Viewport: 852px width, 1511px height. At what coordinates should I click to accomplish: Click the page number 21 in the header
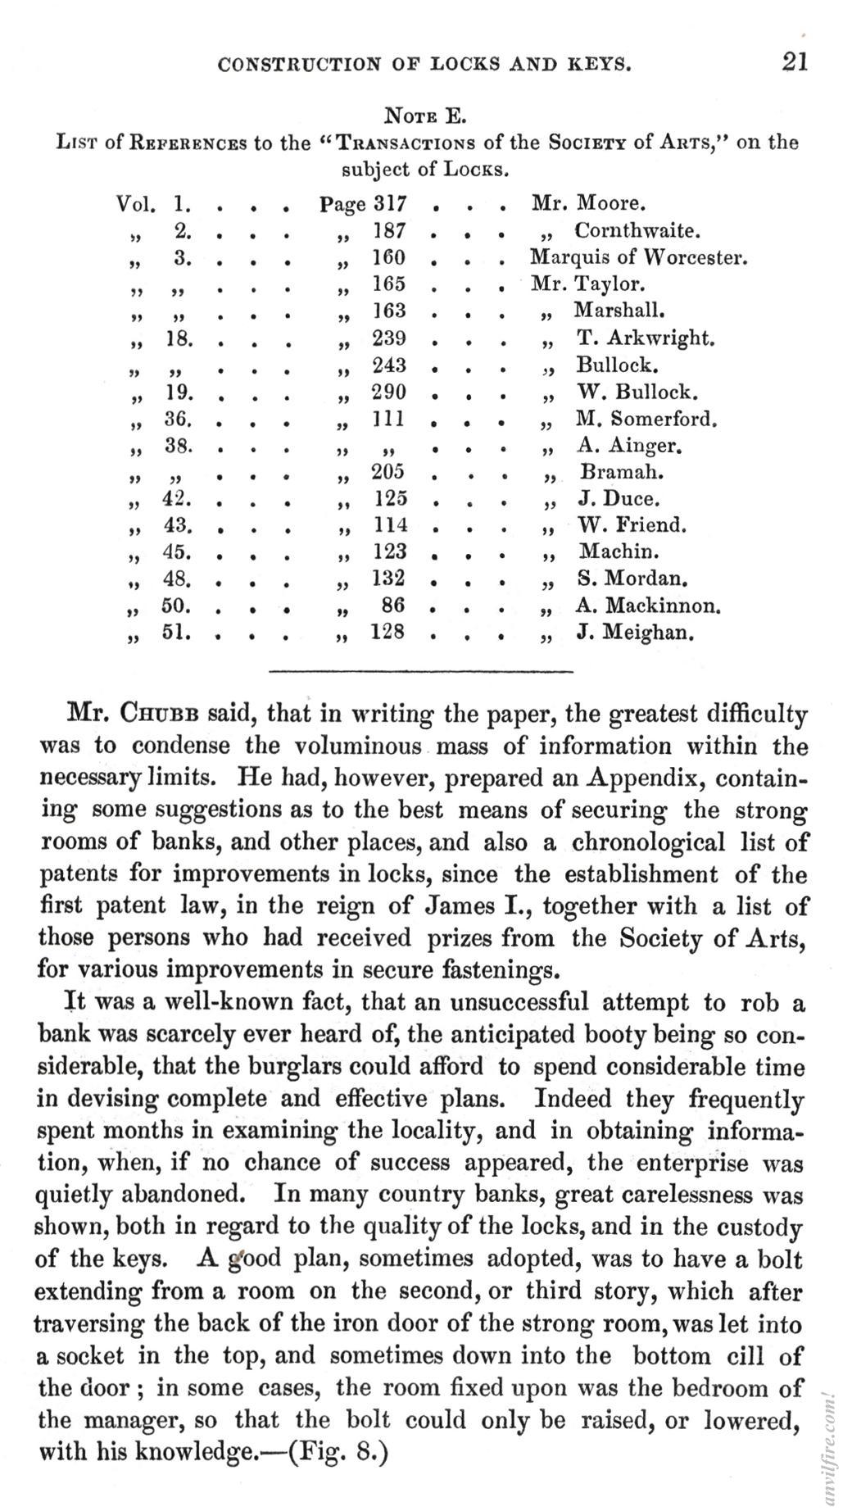[x=794, y=62]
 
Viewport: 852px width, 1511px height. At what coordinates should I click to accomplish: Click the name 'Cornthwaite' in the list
[x=637, y=230]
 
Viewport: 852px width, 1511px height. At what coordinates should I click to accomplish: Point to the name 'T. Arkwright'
[x=646, y=338]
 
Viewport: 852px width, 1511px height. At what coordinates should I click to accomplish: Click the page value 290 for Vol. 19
[x=388, y=392]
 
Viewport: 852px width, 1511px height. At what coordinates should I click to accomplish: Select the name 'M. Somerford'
[x=646, y=419]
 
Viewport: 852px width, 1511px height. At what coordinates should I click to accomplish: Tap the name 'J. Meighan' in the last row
[x=635, y=633]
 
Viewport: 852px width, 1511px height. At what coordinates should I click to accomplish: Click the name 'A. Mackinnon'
[x=648, y=606]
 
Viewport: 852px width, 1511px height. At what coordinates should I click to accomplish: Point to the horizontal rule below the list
[x=421, y=673]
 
